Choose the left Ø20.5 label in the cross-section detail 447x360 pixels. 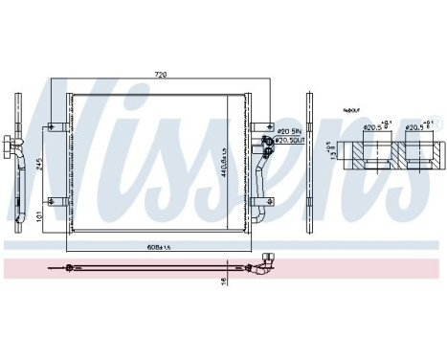tap(375, 126)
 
